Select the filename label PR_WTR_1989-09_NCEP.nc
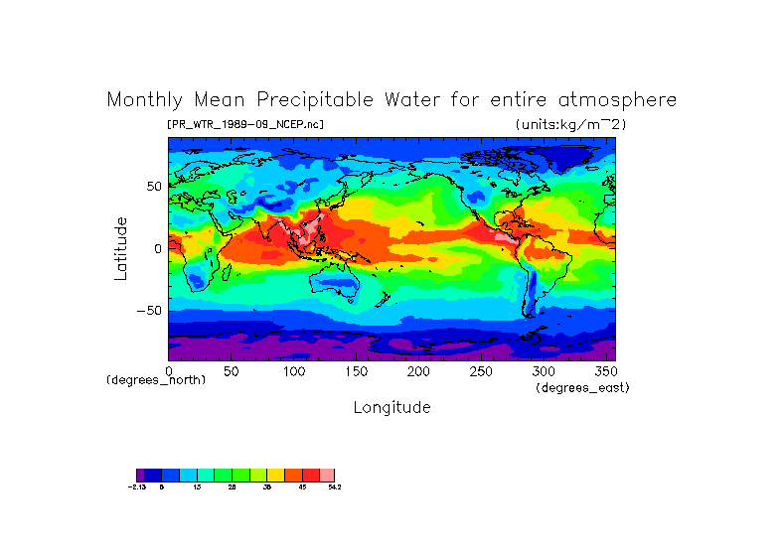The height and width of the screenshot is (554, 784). point(245,124)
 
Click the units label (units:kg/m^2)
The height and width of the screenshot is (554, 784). point(570,124)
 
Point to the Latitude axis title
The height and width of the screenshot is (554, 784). point(120,248)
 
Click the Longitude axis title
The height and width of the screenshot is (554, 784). point(392,407)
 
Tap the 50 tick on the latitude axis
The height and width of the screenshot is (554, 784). point(153,187)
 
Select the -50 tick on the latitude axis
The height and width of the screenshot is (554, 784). point(148,311)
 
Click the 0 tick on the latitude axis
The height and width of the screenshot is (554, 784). point(157,249)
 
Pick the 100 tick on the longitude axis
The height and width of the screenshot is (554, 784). point(295,370)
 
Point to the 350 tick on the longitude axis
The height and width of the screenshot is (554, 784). point(604,370)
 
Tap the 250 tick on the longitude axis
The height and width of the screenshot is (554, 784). point(482,370)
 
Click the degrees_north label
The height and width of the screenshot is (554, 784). point(156,380)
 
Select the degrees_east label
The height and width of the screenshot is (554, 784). point(582,387)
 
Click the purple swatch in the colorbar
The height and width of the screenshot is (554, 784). point(140,475)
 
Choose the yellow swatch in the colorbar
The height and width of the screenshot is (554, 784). point(275,475)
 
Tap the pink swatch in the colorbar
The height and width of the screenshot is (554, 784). point(327,475)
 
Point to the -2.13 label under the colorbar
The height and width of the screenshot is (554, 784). point(137,487)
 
